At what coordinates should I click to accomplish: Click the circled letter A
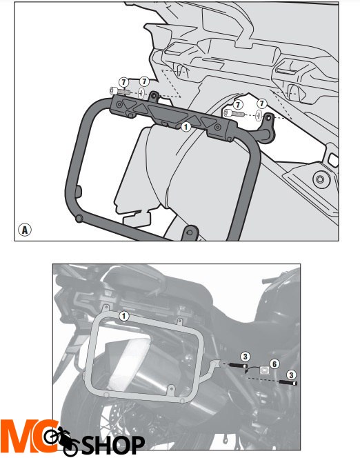[25, 230]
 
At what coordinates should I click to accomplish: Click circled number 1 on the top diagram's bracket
[186, 127]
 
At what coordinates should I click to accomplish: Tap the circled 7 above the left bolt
[124, 82]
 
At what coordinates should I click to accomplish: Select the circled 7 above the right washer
[261, 103]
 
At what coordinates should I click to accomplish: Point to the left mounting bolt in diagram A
[120, 92]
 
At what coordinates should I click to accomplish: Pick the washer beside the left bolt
[141, 94]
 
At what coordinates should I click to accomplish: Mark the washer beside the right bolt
[259, 116]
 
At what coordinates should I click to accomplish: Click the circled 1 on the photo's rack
[124, 316]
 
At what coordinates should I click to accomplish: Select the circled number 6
[274, 364]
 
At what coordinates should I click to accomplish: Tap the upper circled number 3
[245, 357]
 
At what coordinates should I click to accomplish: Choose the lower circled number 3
[291, 375]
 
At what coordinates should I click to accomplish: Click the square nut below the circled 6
[264, 371]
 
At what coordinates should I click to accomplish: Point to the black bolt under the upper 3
[238, 366]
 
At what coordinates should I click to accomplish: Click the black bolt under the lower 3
[288, 383]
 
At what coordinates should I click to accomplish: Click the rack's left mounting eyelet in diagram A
[154, 96]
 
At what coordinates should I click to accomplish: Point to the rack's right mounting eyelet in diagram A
[269, 120]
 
